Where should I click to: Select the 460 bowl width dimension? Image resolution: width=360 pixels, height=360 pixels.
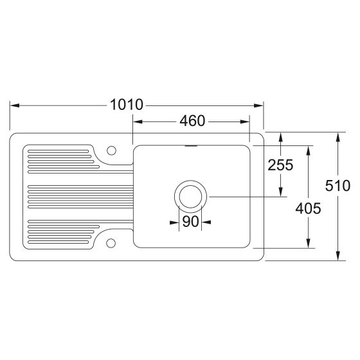point(192,121)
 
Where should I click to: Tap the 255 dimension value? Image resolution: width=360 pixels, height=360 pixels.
point(280,165)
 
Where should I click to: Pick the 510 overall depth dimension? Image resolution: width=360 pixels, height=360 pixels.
point(338,186)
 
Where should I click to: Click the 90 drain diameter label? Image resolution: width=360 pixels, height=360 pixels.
point(190,222)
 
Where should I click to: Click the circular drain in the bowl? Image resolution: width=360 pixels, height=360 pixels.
point(190,196)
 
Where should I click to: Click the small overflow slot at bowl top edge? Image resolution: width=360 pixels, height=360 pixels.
point(190,146)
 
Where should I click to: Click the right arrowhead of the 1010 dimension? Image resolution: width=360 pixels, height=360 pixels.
point(260,105)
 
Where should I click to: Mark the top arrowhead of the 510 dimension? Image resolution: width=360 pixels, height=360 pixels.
point(338,136)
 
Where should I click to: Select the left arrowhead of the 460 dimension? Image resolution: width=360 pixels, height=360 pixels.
point(137,121)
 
